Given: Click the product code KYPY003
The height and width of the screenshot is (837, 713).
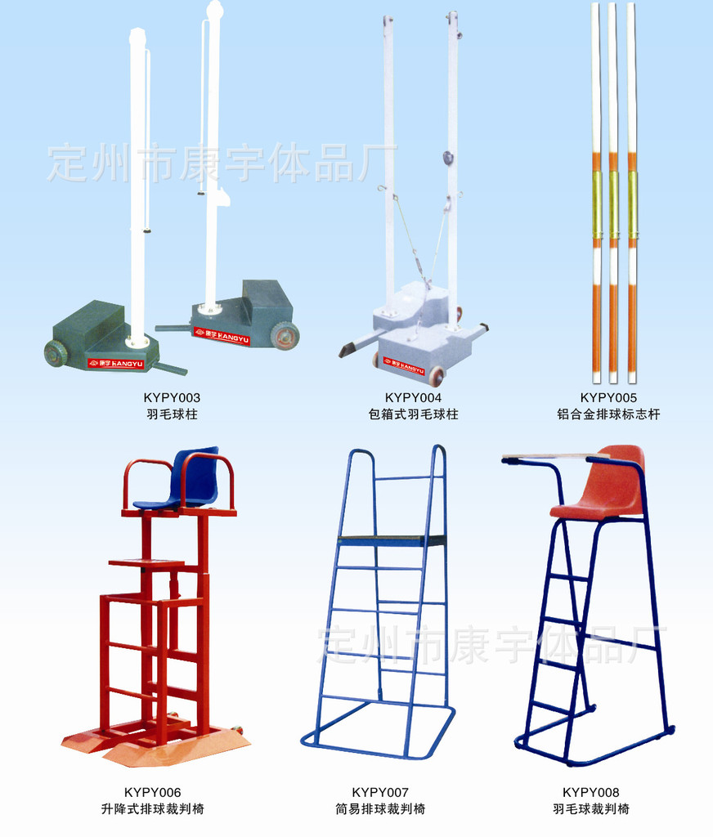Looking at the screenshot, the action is pos(172,398).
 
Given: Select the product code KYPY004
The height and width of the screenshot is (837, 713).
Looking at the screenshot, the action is pos(413,398).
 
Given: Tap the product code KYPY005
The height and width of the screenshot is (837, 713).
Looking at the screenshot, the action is pos(608,398).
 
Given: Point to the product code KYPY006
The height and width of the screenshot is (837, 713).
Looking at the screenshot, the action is pos(152,792).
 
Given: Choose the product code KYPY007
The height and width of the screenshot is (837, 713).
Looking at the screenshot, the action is pos(379,792).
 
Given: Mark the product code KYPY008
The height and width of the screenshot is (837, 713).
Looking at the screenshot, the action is pos(590,792).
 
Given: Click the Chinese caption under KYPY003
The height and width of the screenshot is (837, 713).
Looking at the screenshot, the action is pos(172,414).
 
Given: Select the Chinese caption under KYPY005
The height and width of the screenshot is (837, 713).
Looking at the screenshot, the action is pos(608,414).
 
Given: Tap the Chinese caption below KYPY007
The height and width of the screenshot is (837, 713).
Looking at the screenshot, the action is pos(379,808).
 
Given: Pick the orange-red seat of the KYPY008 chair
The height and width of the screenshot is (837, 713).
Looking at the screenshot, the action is pos(603,486).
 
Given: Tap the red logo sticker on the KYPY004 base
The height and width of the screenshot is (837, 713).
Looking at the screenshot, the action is pos(404,365).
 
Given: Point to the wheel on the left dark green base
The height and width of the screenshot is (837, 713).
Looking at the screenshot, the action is pos(55,353).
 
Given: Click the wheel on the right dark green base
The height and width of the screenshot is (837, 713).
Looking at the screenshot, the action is pos(284,336).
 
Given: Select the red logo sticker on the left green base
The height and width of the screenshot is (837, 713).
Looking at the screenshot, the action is pos(116,364).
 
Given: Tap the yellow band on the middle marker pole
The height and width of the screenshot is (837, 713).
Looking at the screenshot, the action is pos(613,204).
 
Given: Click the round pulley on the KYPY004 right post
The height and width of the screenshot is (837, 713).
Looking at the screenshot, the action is pos(448,157).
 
